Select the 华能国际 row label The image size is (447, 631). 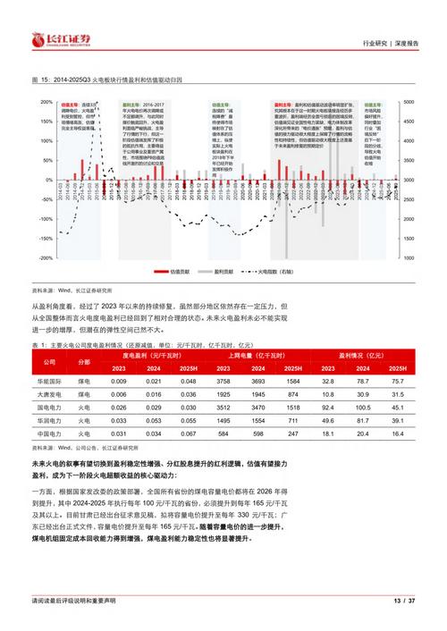point(51,381)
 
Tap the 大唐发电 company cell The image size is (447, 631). point(51,393)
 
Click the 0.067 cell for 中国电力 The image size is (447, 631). point(187,433)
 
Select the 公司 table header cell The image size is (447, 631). point(51,360)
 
